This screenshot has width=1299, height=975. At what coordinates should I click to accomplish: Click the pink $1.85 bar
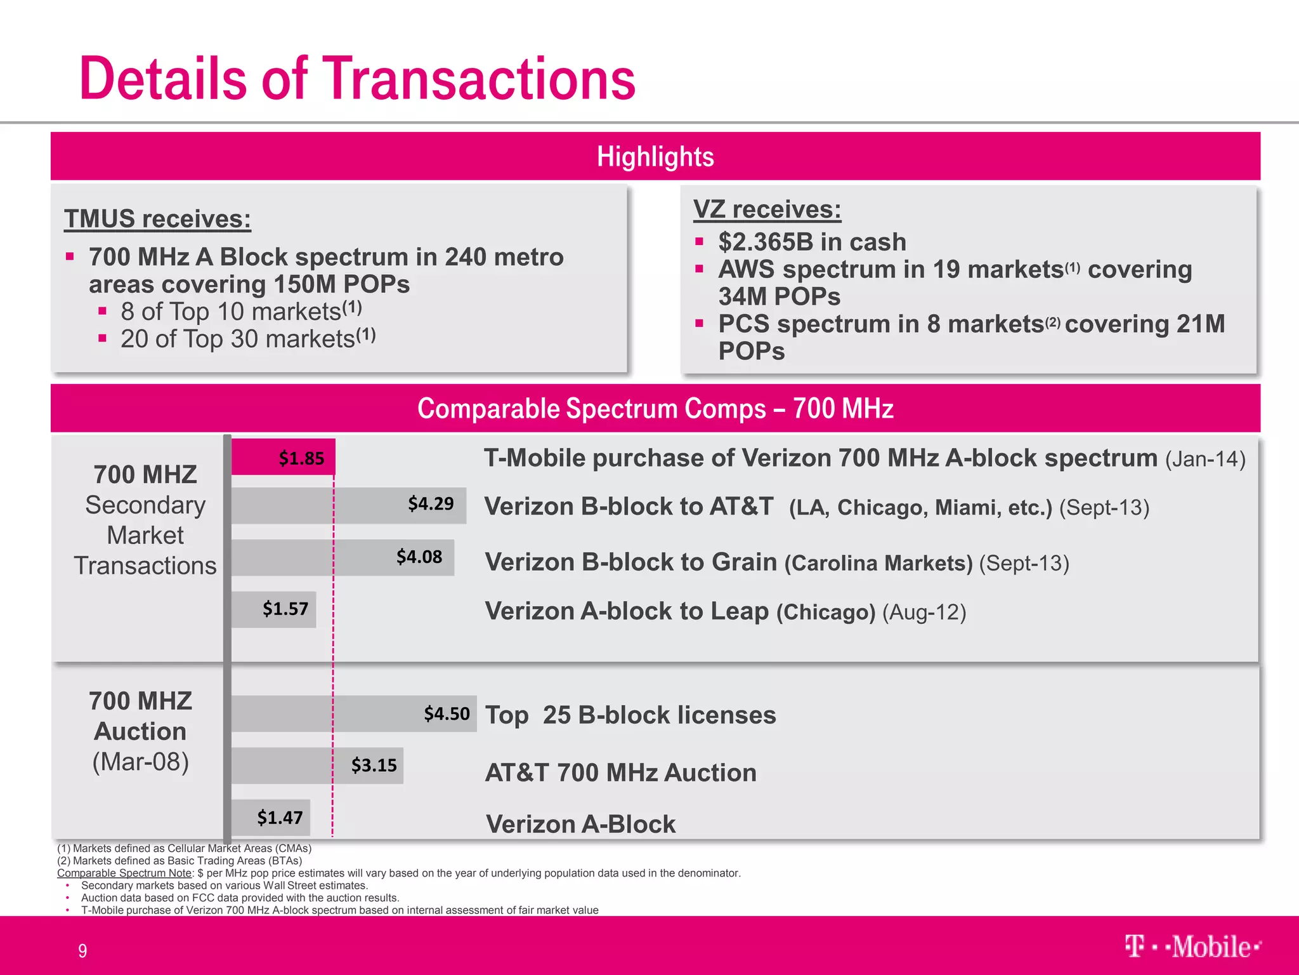click(x=283, y=457)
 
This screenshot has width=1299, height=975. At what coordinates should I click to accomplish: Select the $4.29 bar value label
click(x=431, y=504)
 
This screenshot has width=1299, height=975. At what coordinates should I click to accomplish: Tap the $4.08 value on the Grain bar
click(x=419, y=557)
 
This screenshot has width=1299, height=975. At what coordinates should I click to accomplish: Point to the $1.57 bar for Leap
click(x=274, y=609)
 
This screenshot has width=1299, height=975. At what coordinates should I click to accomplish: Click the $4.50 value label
click(x=447, y=713)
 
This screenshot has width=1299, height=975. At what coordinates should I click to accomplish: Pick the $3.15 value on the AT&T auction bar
click(x=374, y=765)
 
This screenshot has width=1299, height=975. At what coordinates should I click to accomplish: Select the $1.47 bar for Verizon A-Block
click(x=271, y=818)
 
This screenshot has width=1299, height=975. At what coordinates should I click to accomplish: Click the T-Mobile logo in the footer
click(x=1192, y=946)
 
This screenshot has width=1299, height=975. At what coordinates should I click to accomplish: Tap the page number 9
click(x=82, y=950)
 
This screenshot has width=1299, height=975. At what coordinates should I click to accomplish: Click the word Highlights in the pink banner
click(x=655, y=157)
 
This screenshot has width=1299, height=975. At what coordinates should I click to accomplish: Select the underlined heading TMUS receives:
click(x=157, y=219)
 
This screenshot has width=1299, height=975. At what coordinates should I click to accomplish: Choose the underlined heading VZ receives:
click(x=767, y=209)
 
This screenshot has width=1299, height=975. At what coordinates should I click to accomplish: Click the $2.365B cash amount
click(x=766, y=242)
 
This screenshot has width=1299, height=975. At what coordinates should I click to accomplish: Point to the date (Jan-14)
click(x=1205, y=459)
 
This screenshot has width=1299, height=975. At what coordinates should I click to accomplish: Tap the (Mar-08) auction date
click(x=141, y=762)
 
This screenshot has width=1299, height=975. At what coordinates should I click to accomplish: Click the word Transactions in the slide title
click(x=480, y=79)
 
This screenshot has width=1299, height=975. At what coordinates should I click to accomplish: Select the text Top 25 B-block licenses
click(x=630, y=715)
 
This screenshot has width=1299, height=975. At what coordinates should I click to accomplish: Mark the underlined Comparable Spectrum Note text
click(x=124, y=873)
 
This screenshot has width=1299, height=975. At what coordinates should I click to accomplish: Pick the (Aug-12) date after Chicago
click(x=924, y=612)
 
